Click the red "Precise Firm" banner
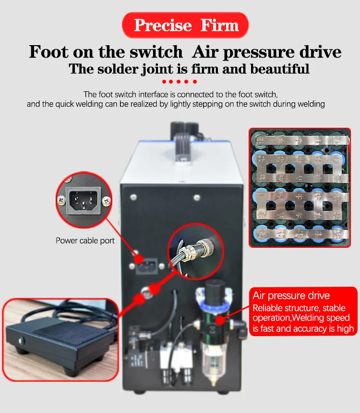pyautogui.click(x=185, y=25)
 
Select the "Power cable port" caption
pyautogui.click(x=85, y=240)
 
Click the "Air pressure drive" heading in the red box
pyautogui.click(x=291, y=295)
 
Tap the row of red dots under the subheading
pyautogui.click(x=180, y=82)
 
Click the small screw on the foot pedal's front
pyautogui.click(x=21, y=341)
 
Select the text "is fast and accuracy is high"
pyautogui.click(x=303, y=329)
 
